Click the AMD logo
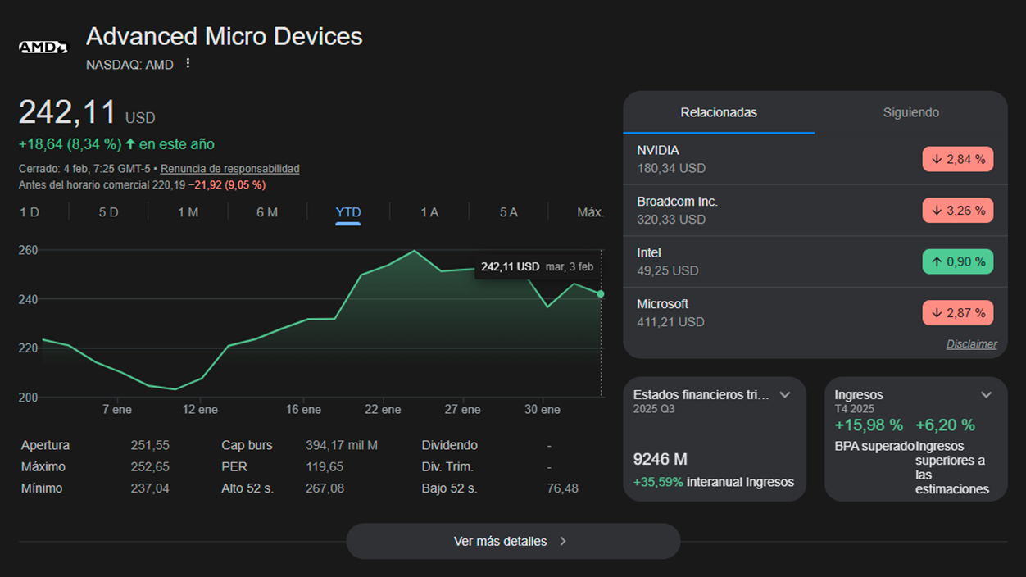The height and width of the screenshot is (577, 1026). (43, 47)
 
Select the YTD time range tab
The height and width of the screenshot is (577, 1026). (348, 212)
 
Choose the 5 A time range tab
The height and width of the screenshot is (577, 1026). (509, 212)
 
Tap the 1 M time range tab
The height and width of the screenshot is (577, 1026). (188, 212)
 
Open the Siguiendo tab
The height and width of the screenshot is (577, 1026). (910, 112)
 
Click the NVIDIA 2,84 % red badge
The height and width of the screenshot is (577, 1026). (957, 159)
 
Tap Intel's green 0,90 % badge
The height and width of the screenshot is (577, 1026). (957, 261)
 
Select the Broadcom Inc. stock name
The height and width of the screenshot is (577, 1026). (677, 202)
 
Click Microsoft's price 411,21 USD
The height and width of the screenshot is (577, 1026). (670, 322)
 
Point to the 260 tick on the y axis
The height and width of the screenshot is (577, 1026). (29, 250)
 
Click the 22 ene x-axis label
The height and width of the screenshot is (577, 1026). (383, 409)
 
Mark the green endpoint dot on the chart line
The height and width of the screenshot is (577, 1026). (601, 294)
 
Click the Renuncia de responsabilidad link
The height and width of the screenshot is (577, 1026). (229, 169)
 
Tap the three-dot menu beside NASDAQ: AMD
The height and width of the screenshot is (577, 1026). (188, 63)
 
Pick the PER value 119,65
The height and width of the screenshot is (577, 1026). (325, 466)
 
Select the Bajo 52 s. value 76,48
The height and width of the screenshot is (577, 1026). (562, 488)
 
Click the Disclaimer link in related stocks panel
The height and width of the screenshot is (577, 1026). (971, 344)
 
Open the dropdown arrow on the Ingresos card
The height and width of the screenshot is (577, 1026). (986, 395)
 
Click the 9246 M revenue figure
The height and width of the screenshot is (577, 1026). (660, 459)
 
